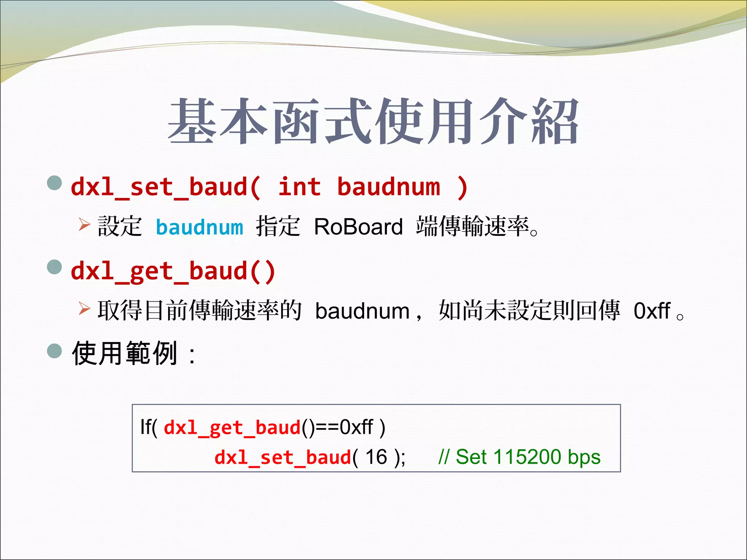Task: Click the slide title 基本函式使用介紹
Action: (373, 121)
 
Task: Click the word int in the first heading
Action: (299, 187)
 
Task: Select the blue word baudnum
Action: (199, 227)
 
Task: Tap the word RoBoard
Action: (358, 227)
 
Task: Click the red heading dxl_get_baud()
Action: (173, 271)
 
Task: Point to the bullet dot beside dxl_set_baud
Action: (55, 183)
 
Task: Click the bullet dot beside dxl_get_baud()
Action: (55, 267)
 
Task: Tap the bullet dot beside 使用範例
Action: (55, 351)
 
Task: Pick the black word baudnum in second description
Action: (362, 311)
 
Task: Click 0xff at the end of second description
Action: (652, 311)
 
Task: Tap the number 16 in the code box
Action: (376, 457)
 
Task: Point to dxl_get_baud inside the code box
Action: (232, 428)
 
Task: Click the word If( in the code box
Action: (148, 427)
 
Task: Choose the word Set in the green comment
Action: (471, 457)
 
